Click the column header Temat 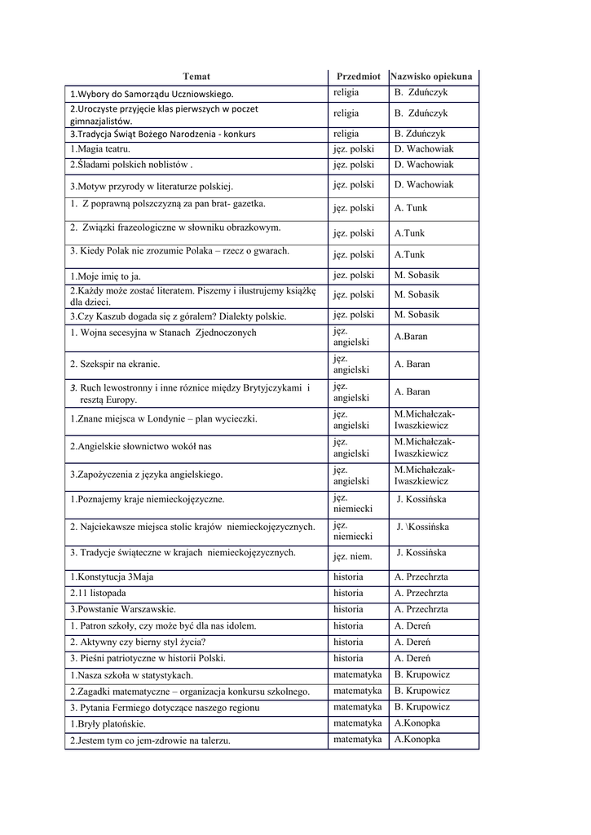tap(196, 76)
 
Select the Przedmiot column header tap(358, 76)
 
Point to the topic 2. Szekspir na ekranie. tap(115, 364)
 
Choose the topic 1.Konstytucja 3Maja tap(111, 577)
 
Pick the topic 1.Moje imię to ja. tap(105, 276)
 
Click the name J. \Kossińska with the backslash tap(422, 527)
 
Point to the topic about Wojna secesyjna tap(163, 333)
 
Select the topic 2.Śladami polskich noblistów tap(131, 165)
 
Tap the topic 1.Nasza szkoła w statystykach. tap(131, 675)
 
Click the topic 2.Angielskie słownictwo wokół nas tap(140, 446)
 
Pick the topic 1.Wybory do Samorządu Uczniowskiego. tap(152, 94)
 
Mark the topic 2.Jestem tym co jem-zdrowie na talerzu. tap(150, 740)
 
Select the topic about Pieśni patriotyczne tap(148, 658)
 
